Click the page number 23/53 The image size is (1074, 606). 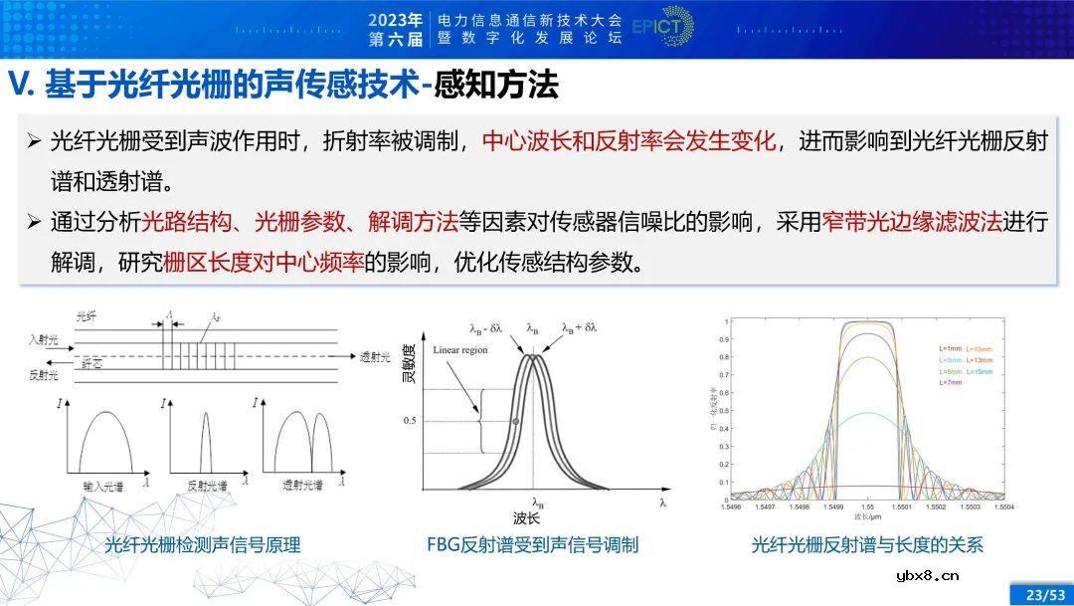[1041, 594]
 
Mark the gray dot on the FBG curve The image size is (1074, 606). [515, 422]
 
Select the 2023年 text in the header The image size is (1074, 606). [395, 19]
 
